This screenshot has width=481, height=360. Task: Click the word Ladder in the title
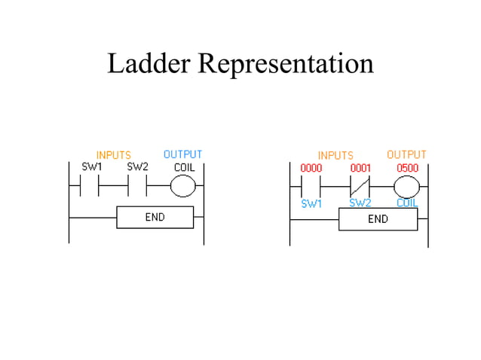tap(149, 64)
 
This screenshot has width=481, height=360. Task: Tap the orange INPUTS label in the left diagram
tap(113, 156)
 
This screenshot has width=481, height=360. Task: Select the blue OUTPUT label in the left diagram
tap(182, 155)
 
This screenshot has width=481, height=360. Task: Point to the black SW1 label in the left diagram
tap(92, 166)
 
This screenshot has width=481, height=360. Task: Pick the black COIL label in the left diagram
tap(185, 166)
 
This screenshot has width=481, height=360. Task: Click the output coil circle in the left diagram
tap(182, 185)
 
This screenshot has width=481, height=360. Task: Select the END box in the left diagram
tap(155, 218)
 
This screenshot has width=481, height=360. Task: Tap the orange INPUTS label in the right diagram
tap(335, 156)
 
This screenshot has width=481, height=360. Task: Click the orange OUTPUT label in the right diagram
tap(406, 155)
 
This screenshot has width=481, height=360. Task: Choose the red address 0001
tap(361, 167)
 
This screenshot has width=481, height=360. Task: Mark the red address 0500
tap(407, 167)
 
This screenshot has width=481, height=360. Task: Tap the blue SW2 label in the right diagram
tap(360, 203)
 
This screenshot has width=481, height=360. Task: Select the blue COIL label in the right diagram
tap(407, 203)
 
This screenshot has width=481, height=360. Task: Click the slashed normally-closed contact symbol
tap(360, 185)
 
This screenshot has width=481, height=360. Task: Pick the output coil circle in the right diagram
tap(407, 185)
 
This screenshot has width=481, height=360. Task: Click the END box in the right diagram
tap(378, 219)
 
